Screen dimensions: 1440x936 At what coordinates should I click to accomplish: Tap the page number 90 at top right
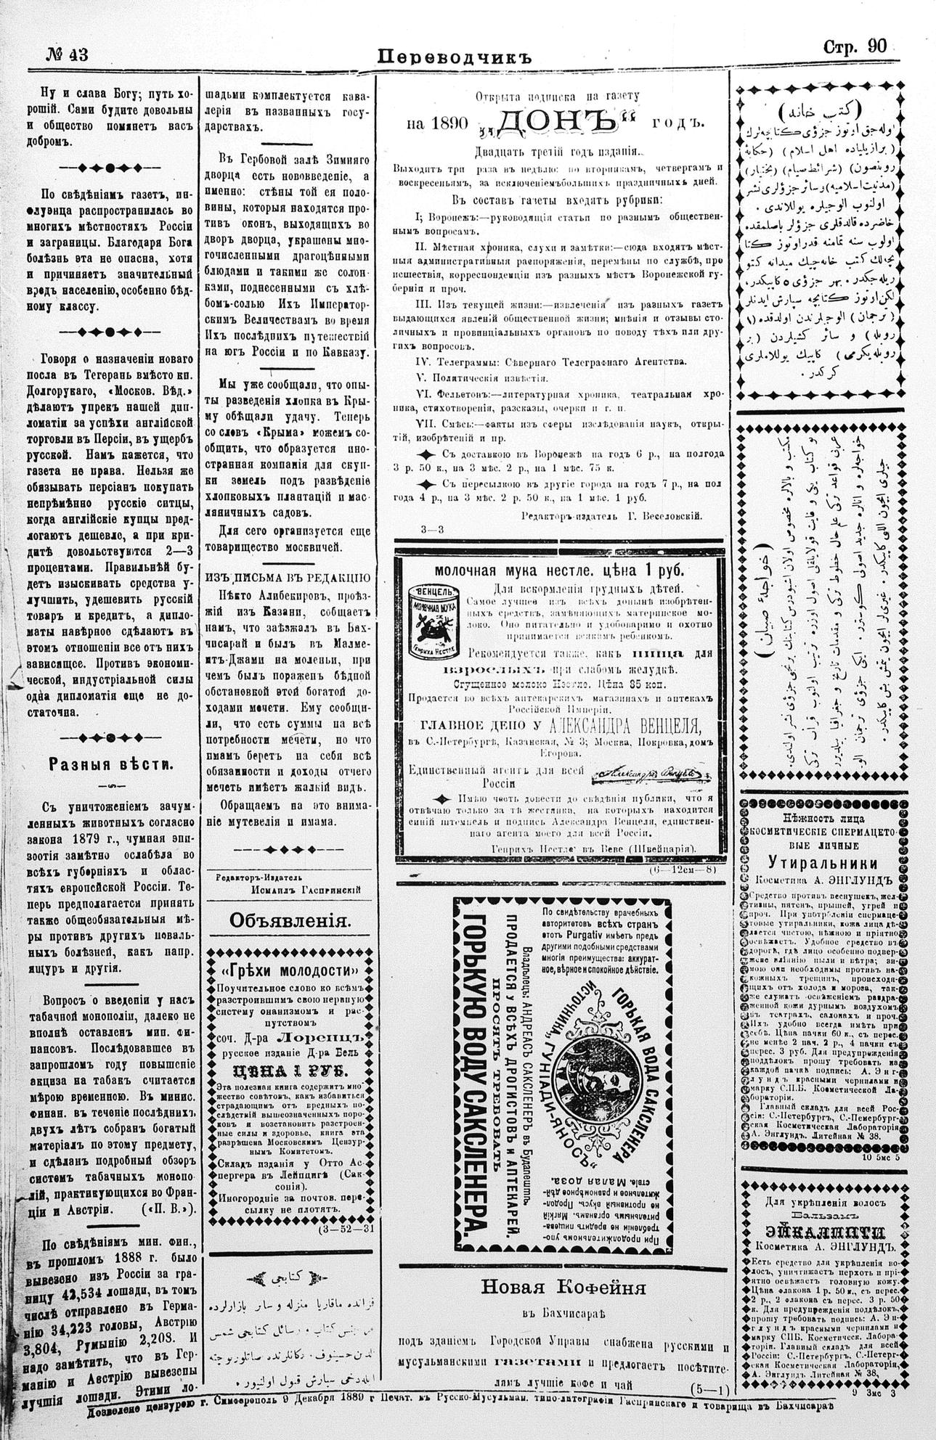click(877, 47)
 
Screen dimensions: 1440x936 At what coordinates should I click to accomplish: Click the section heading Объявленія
click(290, 920)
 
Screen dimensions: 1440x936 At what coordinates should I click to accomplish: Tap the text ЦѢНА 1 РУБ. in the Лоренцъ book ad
click(290, 1071)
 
